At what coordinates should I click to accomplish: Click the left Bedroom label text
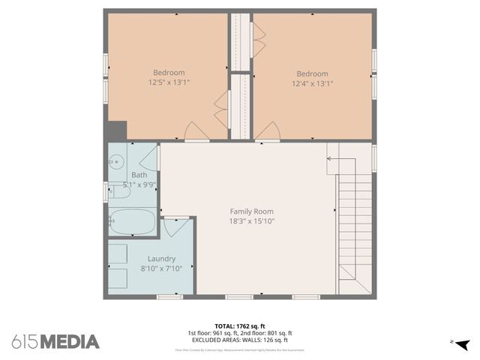pyautogui.click(x=169, y=73)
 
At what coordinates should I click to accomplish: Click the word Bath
pyautogui.click(x=139, y=175)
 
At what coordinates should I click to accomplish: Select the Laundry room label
pyautogui.click(x=161, y=259)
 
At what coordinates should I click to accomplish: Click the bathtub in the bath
pyautogui.click(x=132, y=222)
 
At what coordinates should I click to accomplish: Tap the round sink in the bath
pyautogui.click(x=117, y=161)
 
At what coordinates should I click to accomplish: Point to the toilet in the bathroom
pyautogui.click(x=120, y=192)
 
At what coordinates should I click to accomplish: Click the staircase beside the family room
pyautogui.click(x=354, y=225)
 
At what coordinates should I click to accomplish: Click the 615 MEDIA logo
pyautogui.click(x=55, y=342)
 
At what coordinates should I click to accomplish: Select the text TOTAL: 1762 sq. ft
pyautogui.click(x=239, y=326)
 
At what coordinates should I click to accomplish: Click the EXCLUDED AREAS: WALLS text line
pyautogui.click(x=239, y=340)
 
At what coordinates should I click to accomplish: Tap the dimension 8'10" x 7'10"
pyautogui.click(x=161, y=269)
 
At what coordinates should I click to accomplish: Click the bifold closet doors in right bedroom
pyautogui.click(x=259, y=40)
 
